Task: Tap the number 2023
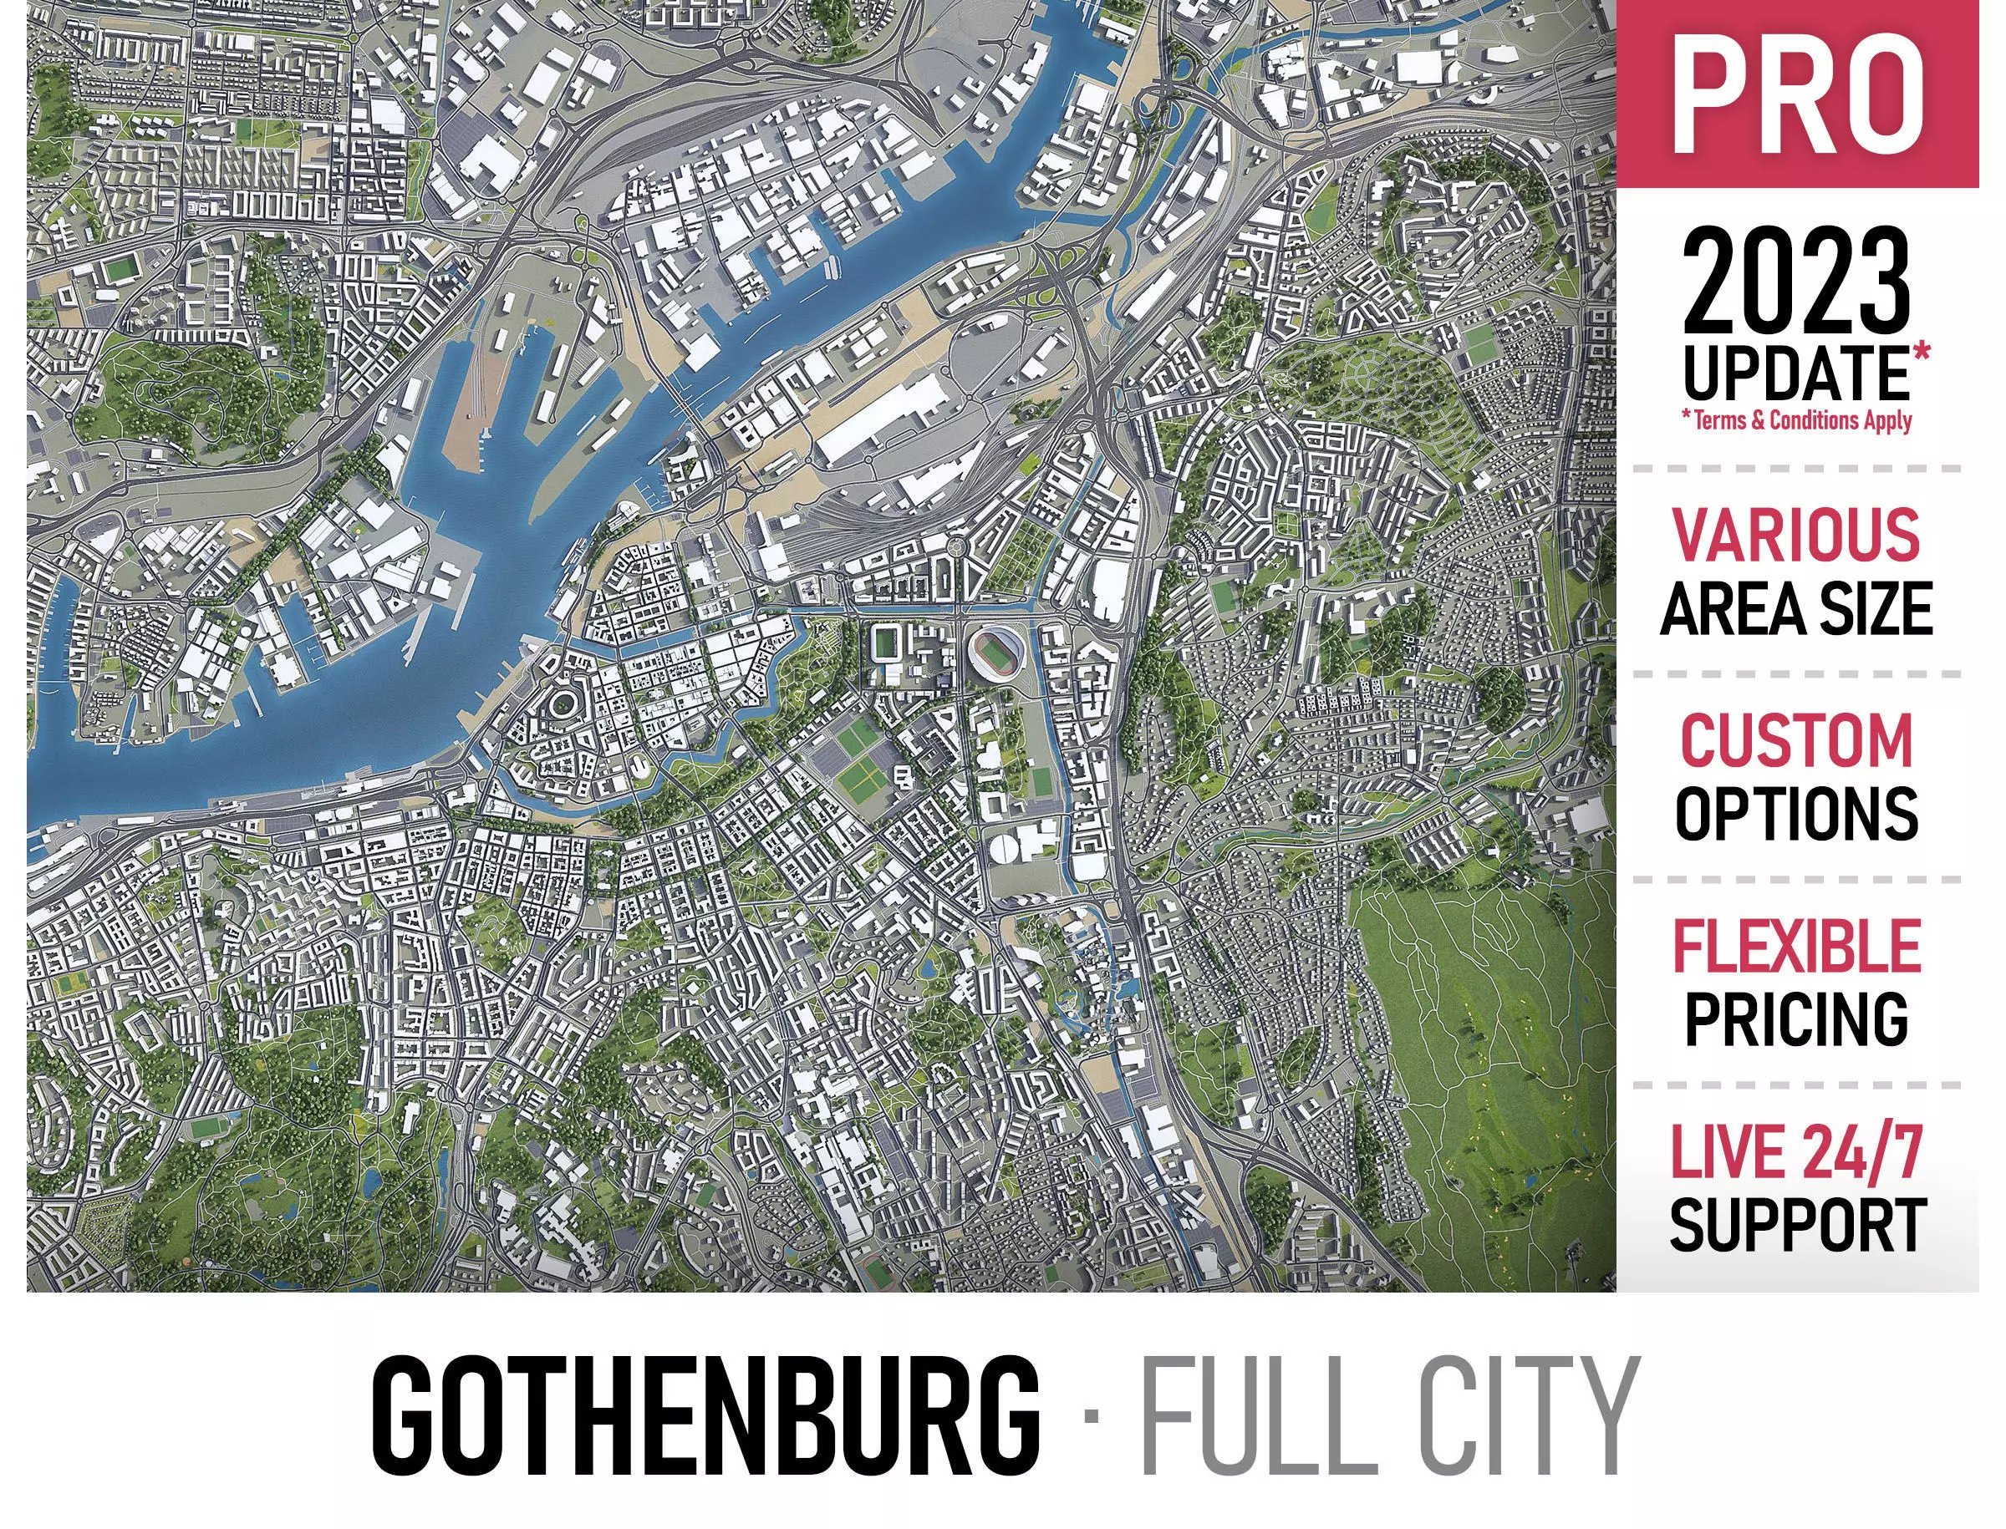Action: (1795, 282)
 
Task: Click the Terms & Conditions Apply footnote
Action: (1795, 420)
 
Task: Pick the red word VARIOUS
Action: (1795, 535)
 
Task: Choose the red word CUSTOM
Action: (1795, 740)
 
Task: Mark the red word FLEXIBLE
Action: (1795, 947)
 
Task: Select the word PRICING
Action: (1795, 1019)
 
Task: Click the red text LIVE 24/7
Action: (1795, 1152)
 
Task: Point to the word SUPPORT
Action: (1795, 1225)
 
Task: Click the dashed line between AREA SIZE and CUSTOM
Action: (1795, 674)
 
